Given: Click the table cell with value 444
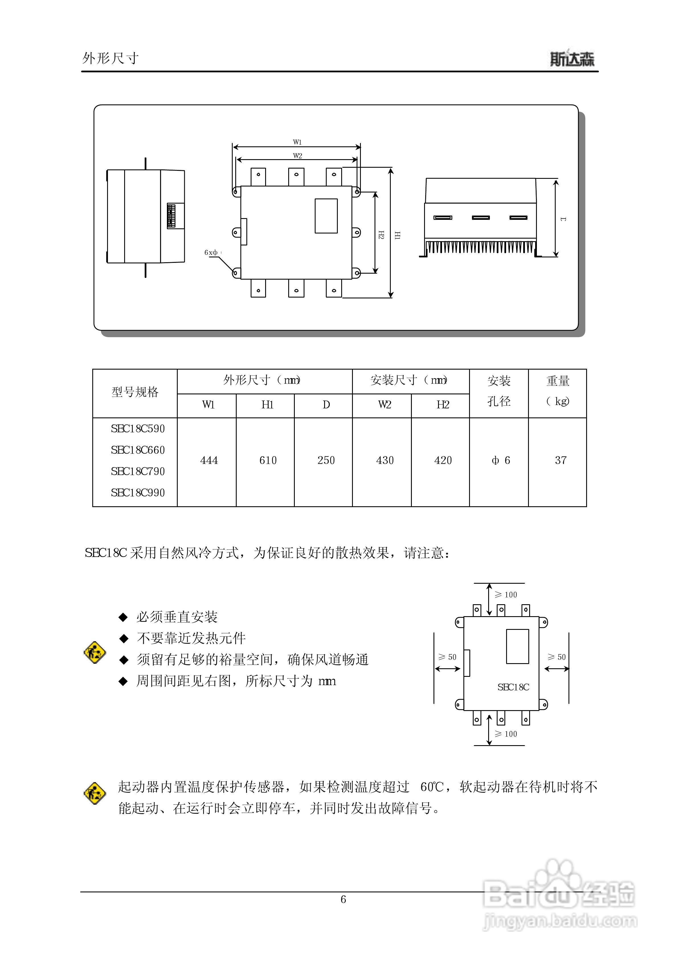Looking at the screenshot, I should [209, 460].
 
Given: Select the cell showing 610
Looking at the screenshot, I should [268, 460].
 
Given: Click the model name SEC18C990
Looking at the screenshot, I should [138, 492].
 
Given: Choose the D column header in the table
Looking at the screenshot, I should [326, 405].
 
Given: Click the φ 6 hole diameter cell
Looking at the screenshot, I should [500, 460].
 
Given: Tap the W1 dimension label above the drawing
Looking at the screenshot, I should [297, 142].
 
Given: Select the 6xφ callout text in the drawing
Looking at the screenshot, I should [211, 252].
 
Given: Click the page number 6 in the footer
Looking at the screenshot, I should [343, 899].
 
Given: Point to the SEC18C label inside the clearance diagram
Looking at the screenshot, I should [513, 687].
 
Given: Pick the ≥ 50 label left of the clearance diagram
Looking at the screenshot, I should [447, 657].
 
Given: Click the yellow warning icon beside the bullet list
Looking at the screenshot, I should [95, 652].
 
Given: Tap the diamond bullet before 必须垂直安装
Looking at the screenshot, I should [123, 617].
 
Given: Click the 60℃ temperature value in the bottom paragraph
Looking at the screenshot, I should [431, 787].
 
